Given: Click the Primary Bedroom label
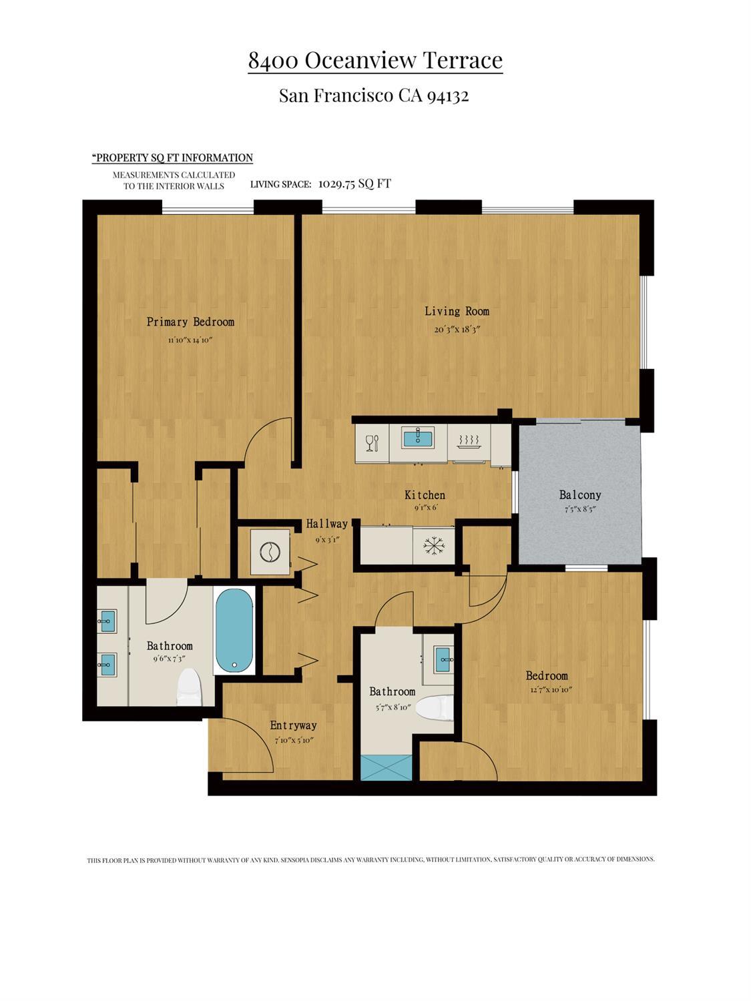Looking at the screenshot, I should tap(190, 322).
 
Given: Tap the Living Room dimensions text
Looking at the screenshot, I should tap(457, 330).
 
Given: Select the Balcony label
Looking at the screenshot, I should tap(579, 495).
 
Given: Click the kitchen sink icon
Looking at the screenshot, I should tap(418, 438).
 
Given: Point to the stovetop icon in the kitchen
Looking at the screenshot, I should tap(469, 442).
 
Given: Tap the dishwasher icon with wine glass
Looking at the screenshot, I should tap(372, 442).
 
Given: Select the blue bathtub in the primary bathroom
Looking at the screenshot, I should tap(234, 631).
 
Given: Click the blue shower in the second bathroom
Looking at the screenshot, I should tap(387, 767).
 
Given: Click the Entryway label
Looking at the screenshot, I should tap(293, 725).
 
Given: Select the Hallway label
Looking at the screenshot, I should tap(327, 524).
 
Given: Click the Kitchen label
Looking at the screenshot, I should tap(425, 495).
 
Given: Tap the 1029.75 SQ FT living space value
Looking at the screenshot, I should tap(354, 184).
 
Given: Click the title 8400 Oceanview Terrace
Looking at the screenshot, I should tap(375, 61).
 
